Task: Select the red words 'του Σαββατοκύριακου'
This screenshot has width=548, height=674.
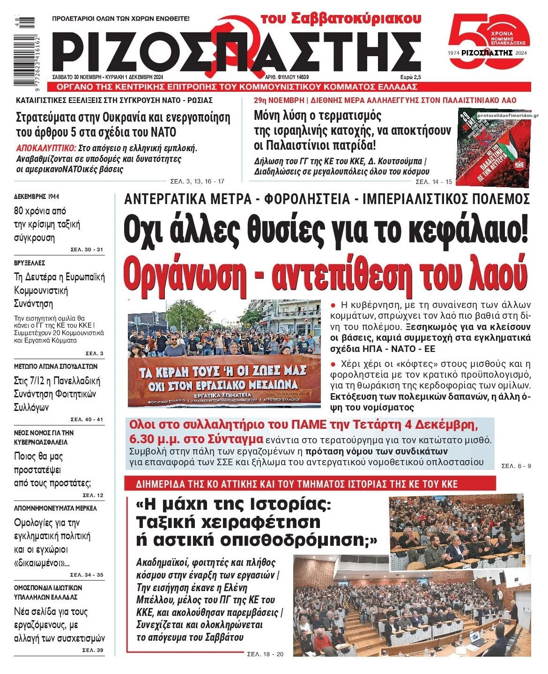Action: (x=341, y=19)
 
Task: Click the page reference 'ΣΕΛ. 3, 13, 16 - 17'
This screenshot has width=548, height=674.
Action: (x=197, y=182)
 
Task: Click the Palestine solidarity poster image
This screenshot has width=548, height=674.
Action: (x=493, y=148)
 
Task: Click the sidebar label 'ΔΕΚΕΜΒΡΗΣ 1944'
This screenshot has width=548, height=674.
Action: (x=37, y=197)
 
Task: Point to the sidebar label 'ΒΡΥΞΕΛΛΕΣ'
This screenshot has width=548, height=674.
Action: (x=30, y=263)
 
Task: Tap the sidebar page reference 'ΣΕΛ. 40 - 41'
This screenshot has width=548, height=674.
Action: (x=87, y=419)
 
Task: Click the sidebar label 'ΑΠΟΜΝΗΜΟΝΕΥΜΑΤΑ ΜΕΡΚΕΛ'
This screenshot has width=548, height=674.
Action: (x=55, y=508)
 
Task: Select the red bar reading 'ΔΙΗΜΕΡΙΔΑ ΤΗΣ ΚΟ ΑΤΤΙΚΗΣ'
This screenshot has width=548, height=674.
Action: (x=310, y=484)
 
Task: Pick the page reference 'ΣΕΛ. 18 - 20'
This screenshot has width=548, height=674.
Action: (x=265, y=654)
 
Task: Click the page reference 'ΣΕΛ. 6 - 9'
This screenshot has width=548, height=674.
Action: (x=516, y=466)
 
